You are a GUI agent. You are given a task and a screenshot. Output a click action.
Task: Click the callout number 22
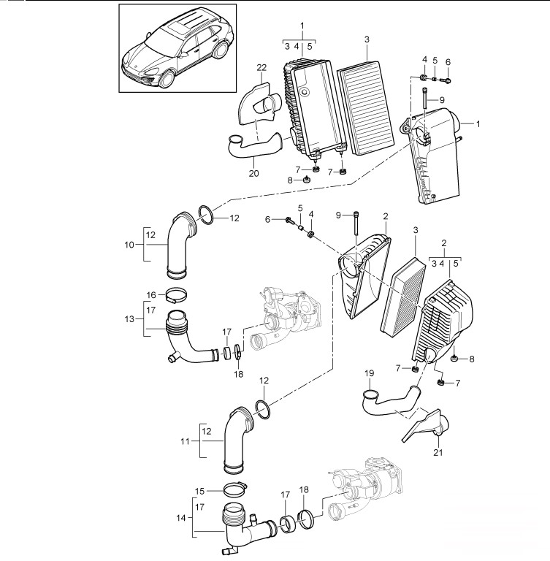pos(261,67)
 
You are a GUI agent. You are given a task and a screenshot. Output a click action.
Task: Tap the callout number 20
pos(253,174)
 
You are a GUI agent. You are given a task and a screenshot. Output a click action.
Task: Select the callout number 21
pos(438,453)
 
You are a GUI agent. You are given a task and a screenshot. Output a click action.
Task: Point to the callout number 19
pos(370,373)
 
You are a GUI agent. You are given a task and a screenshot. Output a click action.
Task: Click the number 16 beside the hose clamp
pos(151,295)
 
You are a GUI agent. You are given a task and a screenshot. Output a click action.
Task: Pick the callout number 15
pos(199,491)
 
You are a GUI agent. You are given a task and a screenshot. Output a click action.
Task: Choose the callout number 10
pos(129,245)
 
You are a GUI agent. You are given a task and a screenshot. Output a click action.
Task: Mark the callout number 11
pos(185,441)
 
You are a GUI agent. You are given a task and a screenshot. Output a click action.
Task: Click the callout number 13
pos(129,318)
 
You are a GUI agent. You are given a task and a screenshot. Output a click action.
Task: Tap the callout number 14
pos(181,518)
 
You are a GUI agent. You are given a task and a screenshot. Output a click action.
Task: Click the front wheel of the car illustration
pos(167,79)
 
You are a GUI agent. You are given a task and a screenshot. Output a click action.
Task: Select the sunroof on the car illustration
pos(179,26)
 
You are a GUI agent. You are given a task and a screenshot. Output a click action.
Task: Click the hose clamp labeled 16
pos(177,297)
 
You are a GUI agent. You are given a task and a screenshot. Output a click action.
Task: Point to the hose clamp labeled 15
pos(235,489)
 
